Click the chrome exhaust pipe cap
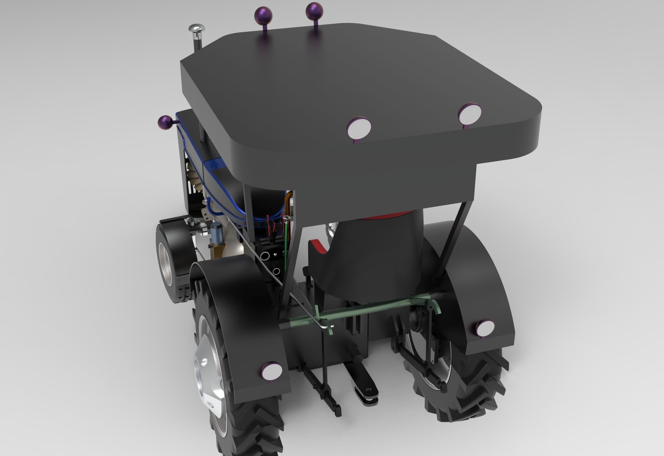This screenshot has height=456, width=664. point(197,28)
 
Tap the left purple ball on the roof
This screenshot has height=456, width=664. point(263,15)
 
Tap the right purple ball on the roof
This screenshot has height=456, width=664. point(314,11)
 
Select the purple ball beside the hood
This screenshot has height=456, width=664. point(165,123)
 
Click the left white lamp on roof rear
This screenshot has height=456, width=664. point(359,127)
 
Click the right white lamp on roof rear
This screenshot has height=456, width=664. point(470,114)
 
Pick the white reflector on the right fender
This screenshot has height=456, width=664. point(485,328)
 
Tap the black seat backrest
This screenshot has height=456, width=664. point(372,257)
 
